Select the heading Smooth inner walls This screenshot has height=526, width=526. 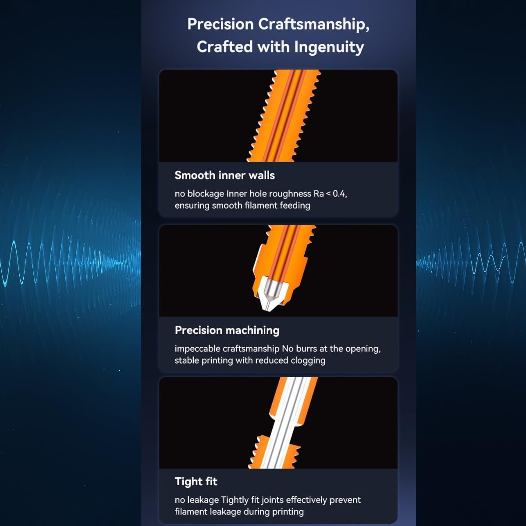(225, 175)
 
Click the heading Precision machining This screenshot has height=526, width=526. (227, 331)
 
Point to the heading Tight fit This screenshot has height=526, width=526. (196, 481)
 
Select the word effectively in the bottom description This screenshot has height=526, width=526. (306, 500)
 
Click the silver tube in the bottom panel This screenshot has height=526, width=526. (286, 423)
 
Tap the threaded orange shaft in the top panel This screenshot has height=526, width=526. (284, 115)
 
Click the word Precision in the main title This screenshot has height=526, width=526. (220, 24)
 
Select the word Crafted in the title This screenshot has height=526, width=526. (225, 46)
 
